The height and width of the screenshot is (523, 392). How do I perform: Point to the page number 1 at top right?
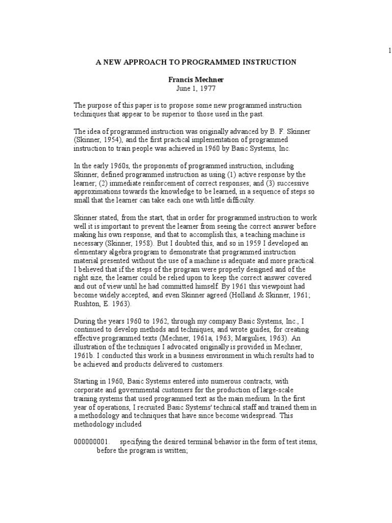(x=389, y=50)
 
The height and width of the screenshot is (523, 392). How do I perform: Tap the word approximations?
(x=95, y=192)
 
